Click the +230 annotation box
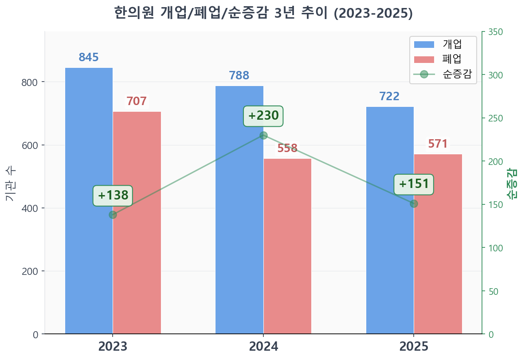click(x=263, y=116)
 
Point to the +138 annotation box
click(x=113, y=196)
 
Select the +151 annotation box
click(x=414, y=184)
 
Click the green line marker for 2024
click(x=263, y=136)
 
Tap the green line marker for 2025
click(x=414, y=203)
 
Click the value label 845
click(x=89, y=58)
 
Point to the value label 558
click(x=287, y=149)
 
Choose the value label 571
click(x=438, y=144)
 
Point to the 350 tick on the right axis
click(x=495, y=32)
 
